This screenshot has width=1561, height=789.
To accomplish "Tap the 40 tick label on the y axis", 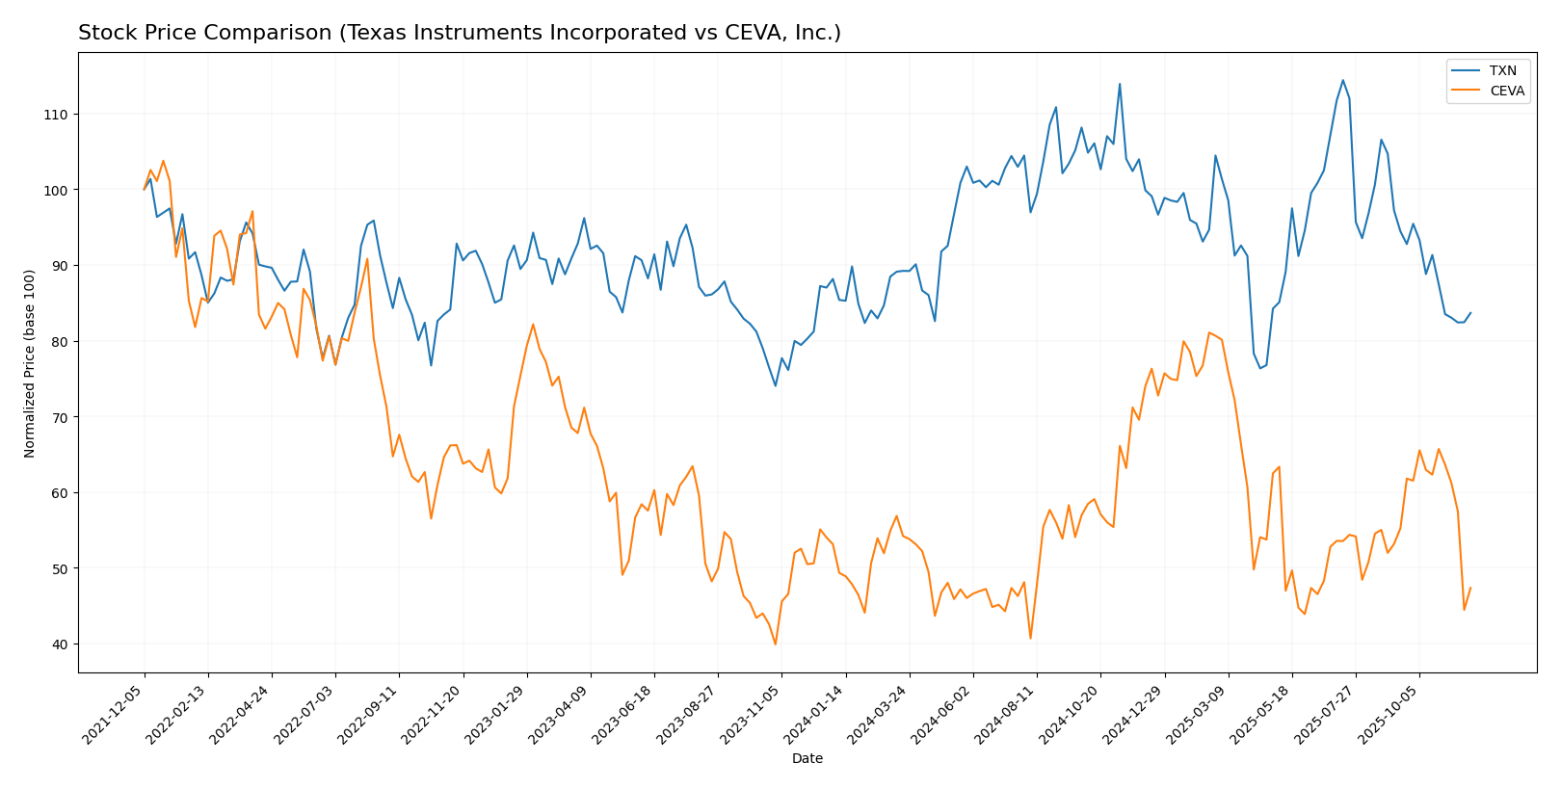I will click(x=61, y=644).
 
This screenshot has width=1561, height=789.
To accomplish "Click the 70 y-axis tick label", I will click(x=61, y=417).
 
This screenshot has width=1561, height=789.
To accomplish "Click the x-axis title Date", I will click(x=807, y=759).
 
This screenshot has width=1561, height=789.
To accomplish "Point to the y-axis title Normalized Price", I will click(x=30, y=363).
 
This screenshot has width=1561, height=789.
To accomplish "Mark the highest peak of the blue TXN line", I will click(x=1343, y=80).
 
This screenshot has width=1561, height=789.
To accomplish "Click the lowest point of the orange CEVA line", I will click(x=776, y=644).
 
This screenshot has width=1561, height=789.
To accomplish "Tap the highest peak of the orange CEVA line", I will click(x=163, y=161).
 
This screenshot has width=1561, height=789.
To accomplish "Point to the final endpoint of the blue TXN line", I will click(x=1470, y=312).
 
